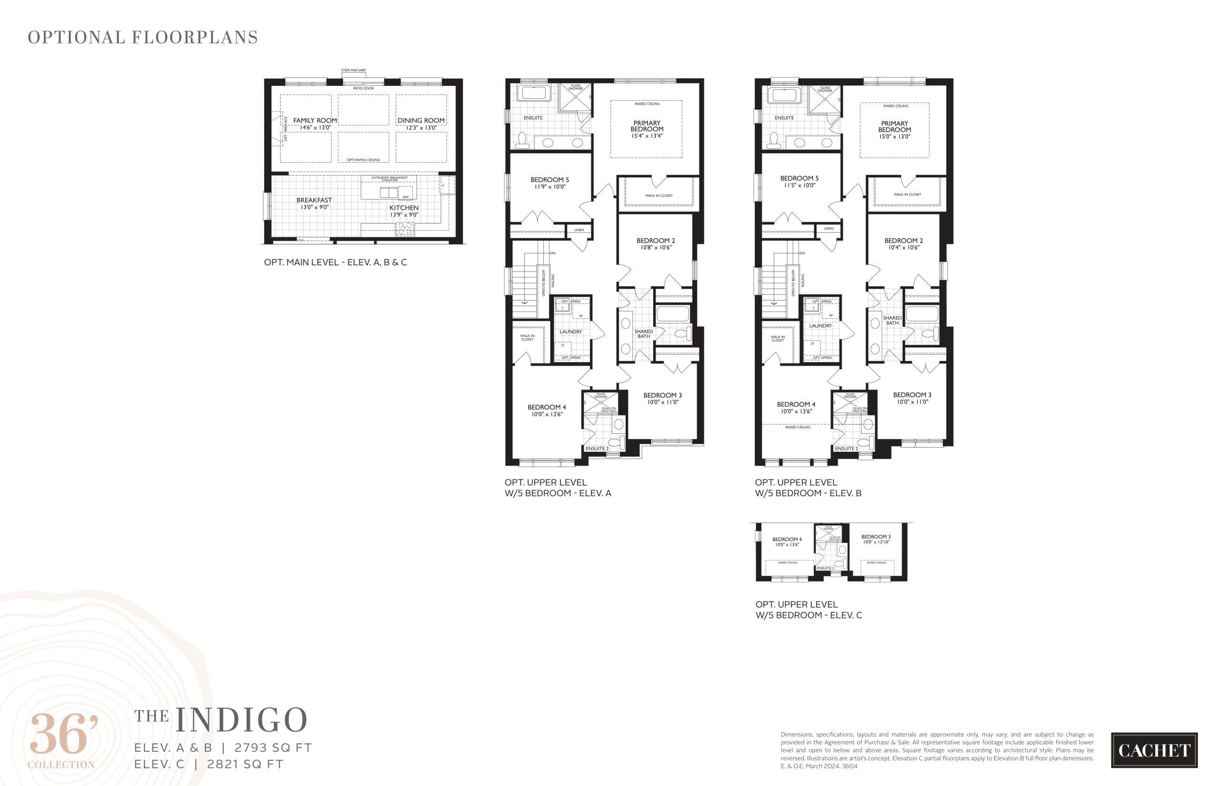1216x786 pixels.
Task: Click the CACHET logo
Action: click(1154, 750)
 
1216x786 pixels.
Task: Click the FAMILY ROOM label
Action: click(314, 121)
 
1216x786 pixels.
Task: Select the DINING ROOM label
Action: click(421, 121)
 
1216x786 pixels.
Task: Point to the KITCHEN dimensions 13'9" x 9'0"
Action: click(404, 215)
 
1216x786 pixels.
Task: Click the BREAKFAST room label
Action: click(314, 200)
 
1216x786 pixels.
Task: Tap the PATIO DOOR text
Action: click(363, 88)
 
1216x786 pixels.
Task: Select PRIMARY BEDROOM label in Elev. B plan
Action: click(894, 127)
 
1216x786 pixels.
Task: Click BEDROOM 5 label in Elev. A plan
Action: click(549, 180)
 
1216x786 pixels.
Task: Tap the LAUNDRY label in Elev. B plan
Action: click(820, 326)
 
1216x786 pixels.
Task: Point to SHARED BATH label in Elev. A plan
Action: click(644, 334)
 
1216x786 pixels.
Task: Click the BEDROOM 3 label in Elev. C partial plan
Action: click(876, 537)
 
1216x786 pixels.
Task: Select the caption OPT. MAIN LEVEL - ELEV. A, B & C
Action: click(335, 262)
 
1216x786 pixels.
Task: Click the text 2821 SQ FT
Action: click(245, 764)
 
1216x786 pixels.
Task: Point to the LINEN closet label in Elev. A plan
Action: click(579, 230)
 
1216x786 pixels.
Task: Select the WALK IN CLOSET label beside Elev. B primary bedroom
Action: click(907, 194)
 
